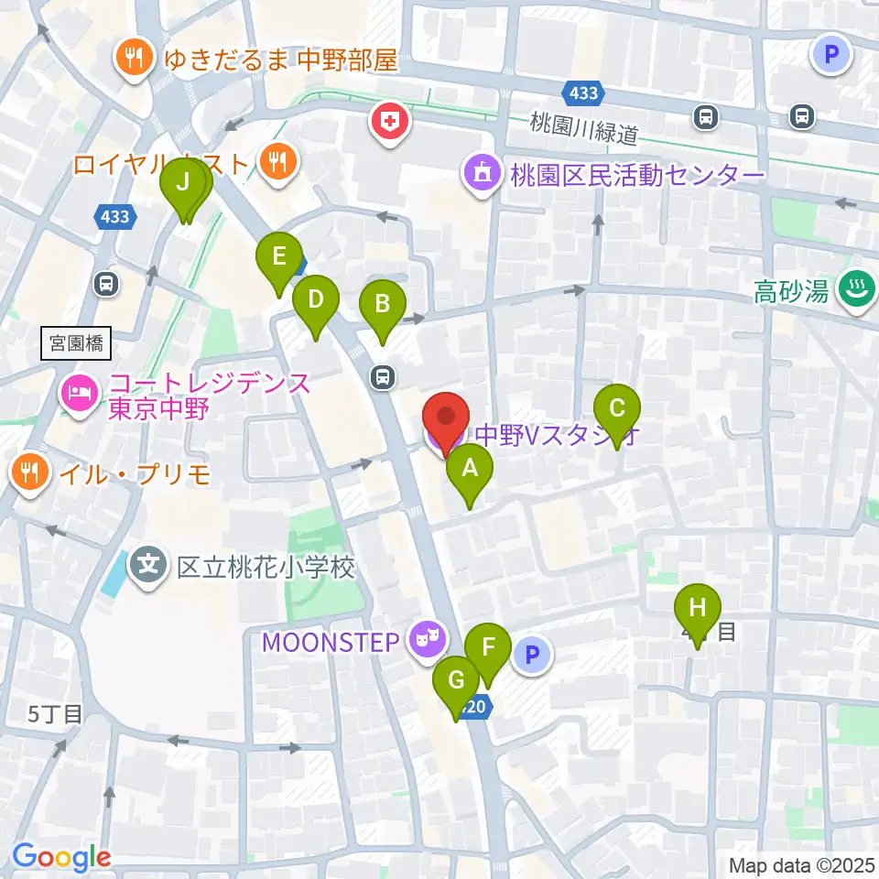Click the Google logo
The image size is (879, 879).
pos(61,856)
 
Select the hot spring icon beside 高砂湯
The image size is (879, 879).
pos(858,290)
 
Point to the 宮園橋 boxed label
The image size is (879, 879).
pos(76,344)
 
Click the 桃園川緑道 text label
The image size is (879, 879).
pos(584,134)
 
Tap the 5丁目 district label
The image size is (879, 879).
pos(56,713)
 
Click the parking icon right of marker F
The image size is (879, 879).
pos(533,654)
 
